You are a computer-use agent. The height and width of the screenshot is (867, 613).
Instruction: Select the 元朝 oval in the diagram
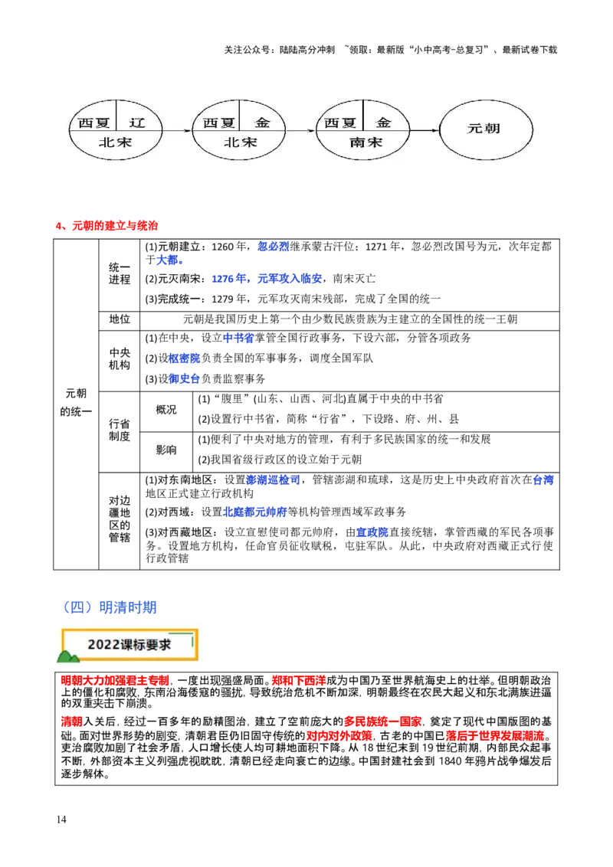coord(486,130)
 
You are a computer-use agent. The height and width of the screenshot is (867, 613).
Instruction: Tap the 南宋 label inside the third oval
coord(366,142)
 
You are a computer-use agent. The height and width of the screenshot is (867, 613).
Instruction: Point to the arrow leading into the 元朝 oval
coord(425,130)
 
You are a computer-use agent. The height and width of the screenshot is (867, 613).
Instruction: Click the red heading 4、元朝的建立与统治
coord(107,226)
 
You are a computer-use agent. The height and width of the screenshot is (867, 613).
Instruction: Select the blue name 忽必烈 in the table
coord(274,247)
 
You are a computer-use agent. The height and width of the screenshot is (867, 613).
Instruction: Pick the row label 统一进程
coord(119,273)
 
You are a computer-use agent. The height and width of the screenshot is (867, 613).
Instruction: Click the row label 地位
coord(119,319)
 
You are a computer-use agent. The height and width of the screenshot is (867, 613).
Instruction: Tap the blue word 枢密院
coord(184,358)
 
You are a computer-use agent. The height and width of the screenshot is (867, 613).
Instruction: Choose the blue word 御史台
coord(184,379)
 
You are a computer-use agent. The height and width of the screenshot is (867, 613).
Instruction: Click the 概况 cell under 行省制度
coord(166,410)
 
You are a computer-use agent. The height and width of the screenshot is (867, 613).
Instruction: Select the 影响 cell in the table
coord(166,450)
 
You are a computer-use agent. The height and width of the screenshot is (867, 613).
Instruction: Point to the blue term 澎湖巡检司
coord(274,480)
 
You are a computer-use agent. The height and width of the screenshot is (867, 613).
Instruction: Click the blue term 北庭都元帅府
coord(254,512)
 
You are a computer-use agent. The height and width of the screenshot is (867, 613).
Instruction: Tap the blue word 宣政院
coord(372,532)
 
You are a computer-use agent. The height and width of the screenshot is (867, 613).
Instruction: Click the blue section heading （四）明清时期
coord(110,607)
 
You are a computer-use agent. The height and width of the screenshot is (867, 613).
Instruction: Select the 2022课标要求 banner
coord(129,645)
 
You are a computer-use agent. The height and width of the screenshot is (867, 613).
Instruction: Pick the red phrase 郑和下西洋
coord(299,681)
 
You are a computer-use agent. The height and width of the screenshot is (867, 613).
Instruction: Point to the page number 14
coord(61,820)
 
